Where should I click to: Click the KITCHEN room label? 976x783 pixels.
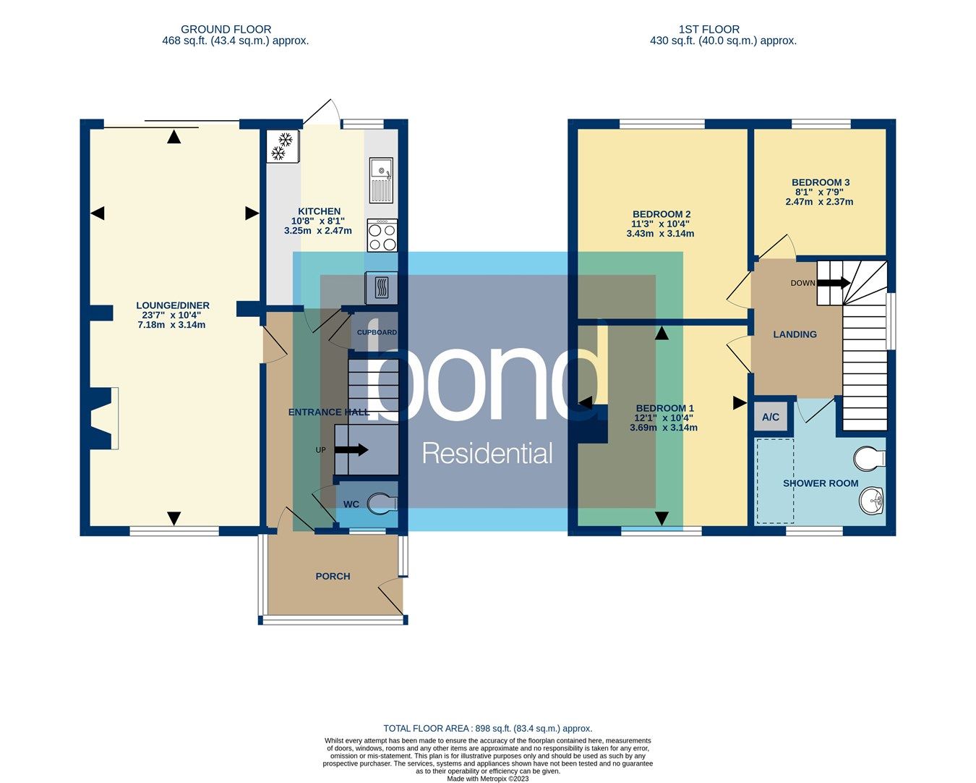click(319, 211)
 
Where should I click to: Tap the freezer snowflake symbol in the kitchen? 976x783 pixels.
click(282, 146)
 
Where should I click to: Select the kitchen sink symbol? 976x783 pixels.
click(381, 180)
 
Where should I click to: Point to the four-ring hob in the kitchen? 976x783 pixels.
click(382, 235)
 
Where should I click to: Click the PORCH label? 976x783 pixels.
click(333, 576)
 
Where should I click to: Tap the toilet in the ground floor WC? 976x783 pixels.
click(382, 504)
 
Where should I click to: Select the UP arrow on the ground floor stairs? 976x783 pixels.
click(351, 450)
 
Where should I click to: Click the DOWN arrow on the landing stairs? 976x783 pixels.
click(833, 283)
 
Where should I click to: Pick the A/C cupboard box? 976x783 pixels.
click(771, 417)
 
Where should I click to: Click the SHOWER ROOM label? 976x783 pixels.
click(821, 483)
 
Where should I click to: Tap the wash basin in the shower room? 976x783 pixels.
click(873, 500)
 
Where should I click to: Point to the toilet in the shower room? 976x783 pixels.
click(870, 458)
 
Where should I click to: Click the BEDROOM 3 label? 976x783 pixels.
click(820, 182)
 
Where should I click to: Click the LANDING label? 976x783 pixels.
click(795, 334)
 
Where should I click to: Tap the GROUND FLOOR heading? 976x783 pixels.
click(226, 30)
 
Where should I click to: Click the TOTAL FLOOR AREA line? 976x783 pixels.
click(487, 729)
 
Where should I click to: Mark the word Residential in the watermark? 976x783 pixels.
click(487, 454)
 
